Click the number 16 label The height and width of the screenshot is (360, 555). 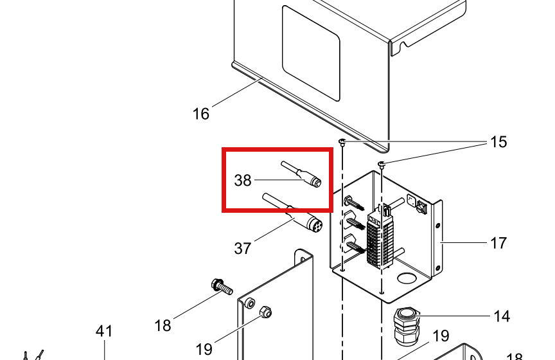pyautogui.click(x=200, y=114)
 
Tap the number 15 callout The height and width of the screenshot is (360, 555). pyautogui.click(x=498, y=141)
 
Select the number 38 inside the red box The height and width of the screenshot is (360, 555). pyautogui.click(x=243, y=181)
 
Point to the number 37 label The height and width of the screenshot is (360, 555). pyautogui.click(x=243, y=248)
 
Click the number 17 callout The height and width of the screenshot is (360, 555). pyautogui.click(x=498, y=243)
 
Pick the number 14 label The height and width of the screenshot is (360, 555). pyautogui.click(x=502, y=316)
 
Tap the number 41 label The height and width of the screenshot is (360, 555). pyautogui.click(x=104, y=331)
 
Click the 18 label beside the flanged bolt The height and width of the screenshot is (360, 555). pyautogui.click(x=163, y=325)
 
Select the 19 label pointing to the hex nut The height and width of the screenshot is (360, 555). pyautogui.click(x=204, y=349)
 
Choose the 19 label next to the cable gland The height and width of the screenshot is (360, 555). pyautogui.click(x=441, y=336)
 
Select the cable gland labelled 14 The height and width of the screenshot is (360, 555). pyautogui.click(x=407, y=327)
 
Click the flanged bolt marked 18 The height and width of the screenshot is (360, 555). pyautogui.click(x=222, y=287)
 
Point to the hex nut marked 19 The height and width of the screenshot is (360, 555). pyautogui.click(x=265, y=312)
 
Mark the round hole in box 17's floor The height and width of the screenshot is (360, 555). pyautogui.click(x=407, y=278)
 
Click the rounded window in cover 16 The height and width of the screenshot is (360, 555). pyautogui.click(x=311, y=53)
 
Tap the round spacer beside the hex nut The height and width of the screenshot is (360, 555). pyautogui.click(x=250, y=303)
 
